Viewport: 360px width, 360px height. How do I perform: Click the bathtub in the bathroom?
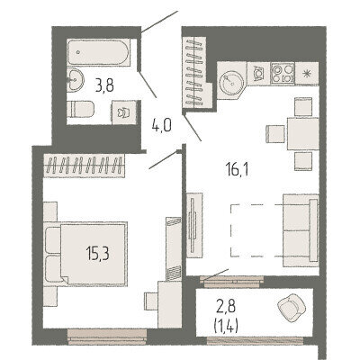[x=98, y=52]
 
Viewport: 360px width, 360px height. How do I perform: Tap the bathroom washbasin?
[x=75, y=79]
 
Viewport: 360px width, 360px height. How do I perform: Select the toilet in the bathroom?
[x=80, y=109]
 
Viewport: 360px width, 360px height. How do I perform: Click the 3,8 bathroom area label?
[x=104, y=86]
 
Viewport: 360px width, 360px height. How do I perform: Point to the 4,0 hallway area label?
[x=161, y=126]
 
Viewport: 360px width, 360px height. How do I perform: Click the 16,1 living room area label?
[x=237, y=170]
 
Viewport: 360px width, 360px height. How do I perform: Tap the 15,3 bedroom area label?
[x=97, y=254]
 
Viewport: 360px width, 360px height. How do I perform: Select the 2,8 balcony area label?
[x=227, y=307]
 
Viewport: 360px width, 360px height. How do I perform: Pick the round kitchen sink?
[x=231, y=80]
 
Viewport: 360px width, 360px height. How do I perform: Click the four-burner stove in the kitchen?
[x=283, y=73]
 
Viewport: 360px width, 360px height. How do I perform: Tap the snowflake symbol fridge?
[x=307, y=74]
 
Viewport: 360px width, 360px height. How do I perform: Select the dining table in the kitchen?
[x=303, y=134]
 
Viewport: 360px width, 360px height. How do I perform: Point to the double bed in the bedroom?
[x=85, y=254]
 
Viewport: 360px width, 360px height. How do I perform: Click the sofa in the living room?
[x=301, y=230]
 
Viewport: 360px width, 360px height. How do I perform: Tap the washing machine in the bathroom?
[x=124, y=112]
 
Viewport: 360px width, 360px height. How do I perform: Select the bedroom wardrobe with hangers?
[x=84, y=166]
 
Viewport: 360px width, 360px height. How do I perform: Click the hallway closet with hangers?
[x=194, y=72]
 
